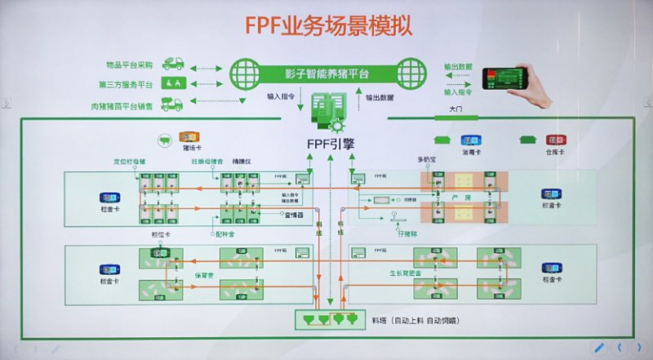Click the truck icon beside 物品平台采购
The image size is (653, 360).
coord(172,62)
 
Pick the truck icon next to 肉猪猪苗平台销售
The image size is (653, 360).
coord(172,104)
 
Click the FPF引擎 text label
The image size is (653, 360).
coord(330,144)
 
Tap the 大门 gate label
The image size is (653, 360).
coord(455,109)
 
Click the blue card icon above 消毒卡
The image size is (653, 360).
coord(470,140)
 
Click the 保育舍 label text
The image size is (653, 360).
coord(203,274)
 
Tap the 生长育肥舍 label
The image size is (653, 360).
coord(406,274)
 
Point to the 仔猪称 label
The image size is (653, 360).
coord(406,233)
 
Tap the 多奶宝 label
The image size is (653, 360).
coord(427,161)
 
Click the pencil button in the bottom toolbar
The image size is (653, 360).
coord(598,347)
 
